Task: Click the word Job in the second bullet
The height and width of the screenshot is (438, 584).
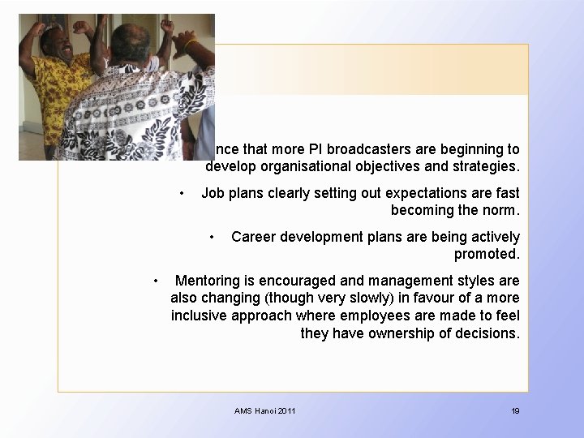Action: click(x=213, y=193)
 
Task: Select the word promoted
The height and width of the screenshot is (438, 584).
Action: click(x=487, y=254)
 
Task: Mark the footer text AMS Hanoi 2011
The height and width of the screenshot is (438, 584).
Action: click(x=265, y=411)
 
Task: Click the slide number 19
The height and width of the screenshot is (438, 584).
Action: click(x=515, y=411)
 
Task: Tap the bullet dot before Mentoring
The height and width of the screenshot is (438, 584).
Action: click(x=157, y=281)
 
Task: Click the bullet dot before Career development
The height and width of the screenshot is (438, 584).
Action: click(x=212, y=237)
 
